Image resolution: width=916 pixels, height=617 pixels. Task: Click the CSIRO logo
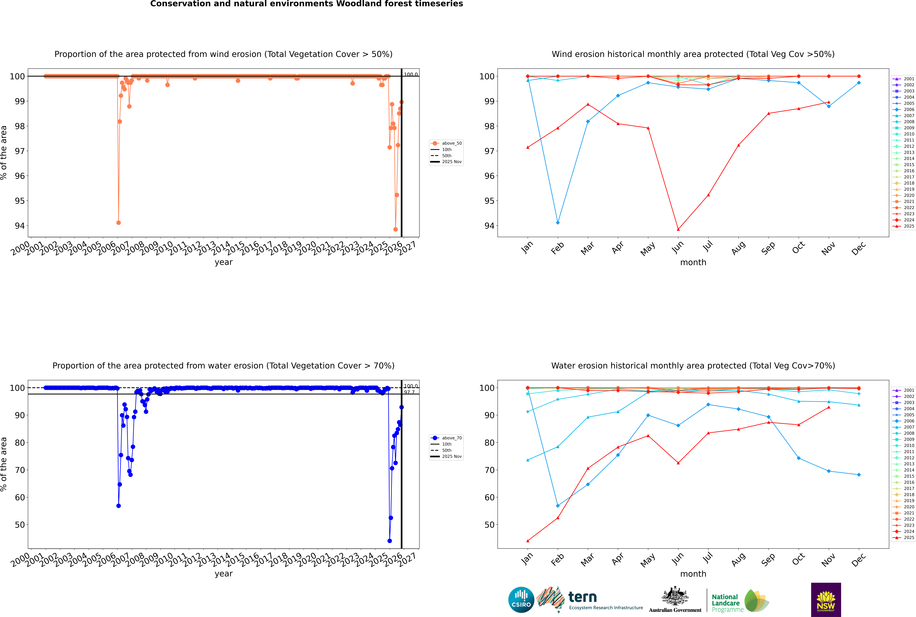(521, 600)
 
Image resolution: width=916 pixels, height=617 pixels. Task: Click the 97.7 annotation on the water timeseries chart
(409, 392)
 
